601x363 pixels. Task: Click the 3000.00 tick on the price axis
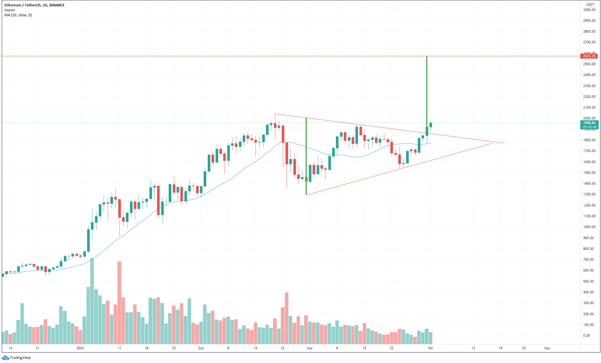pyautogui.click(x=589, y=10)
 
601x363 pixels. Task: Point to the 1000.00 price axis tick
pyautogui.click(x=589, y=227)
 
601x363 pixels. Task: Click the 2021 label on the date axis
pyautogui.click(x=80, y=348)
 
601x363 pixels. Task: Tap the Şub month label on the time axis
pyautogui.click(x=201, y=348)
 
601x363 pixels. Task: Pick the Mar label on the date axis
pyautogui.click(x=310, y=348)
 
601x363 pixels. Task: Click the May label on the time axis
pyautogui.click(x=547, y=348)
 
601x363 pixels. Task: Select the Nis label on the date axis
pyautogui.click(x=430, y=348)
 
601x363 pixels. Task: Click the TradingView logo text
pyautogui.click(x=20, y=358)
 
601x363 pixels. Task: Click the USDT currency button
pyautogui.click(x=590, y=5)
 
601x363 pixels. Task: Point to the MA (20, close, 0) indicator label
pyautogui.click(x=18, y=15)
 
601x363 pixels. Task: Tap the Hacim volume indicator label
pyautogui.click(x=10, y=10)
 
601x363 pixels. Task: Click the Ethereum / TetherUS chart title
pyautogui.click(x=34, y=5)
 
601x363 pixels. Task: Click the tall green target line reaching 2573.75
pyautogui.click(x=427, y=93)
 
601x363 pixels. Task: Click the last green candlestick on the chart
pyautogui.click(x=431, y=125)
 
